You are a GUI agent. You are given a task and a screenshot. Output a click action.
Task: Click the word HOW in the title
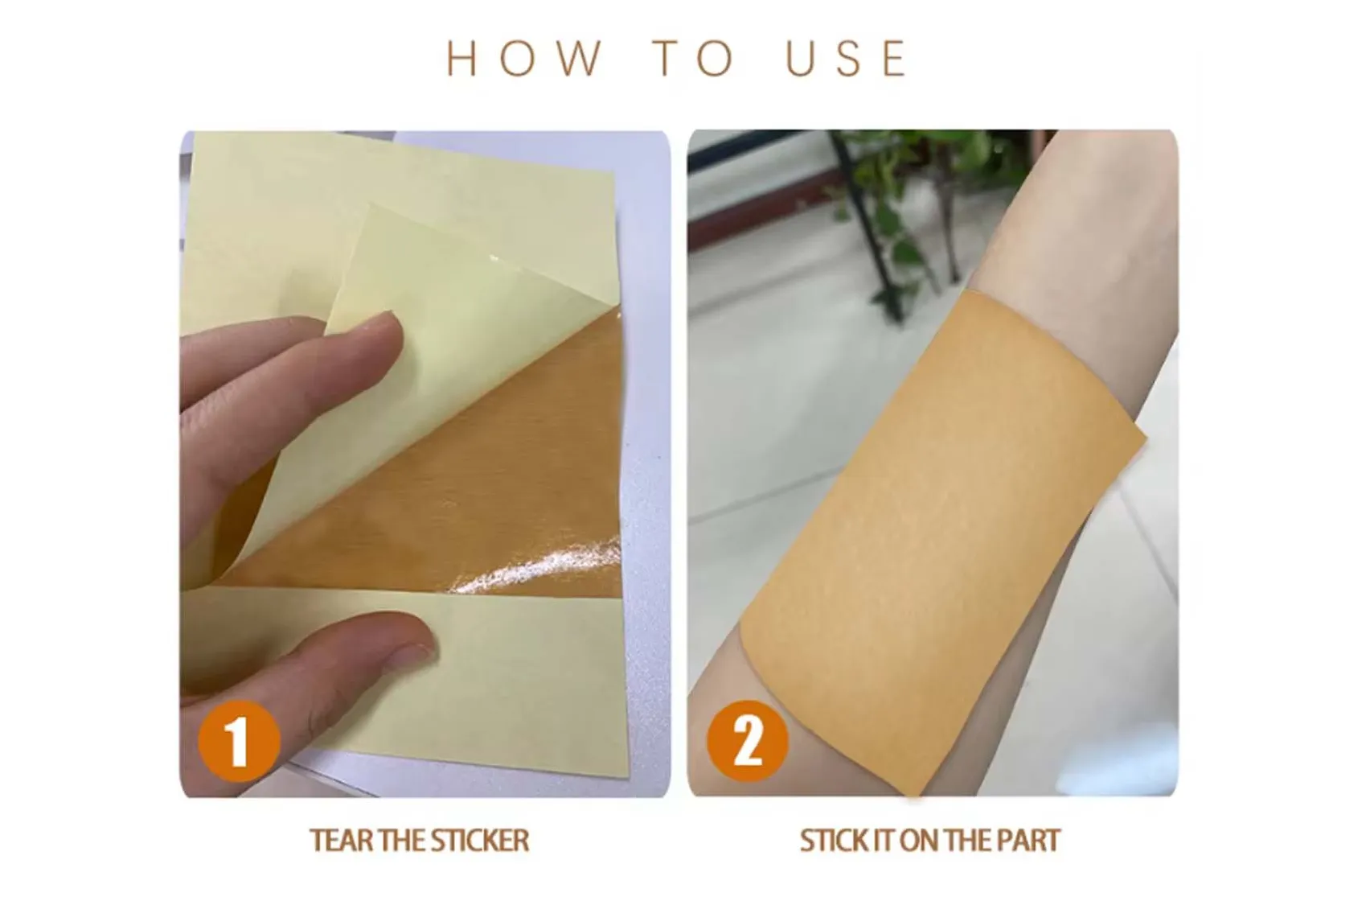[x=523, y=59]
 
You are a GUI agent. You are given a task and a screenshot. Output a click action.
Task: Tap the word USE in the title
[x=847, y=59]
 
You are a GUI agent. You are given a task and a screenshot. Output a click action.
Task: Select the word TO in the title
[x=693, y=59]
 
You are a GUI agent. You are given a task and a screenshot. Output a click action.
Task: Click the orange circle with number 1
[x=239, y=741]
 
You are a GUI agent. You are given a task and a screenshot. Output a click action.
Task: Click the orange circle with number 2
[x=747, y=741]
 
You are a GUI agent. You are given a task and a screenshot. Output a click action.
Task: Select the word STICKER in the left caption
[x=480, y=841]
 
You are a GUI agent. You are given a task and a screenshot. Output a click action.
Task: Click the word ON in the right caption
[x=920, y=841]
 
